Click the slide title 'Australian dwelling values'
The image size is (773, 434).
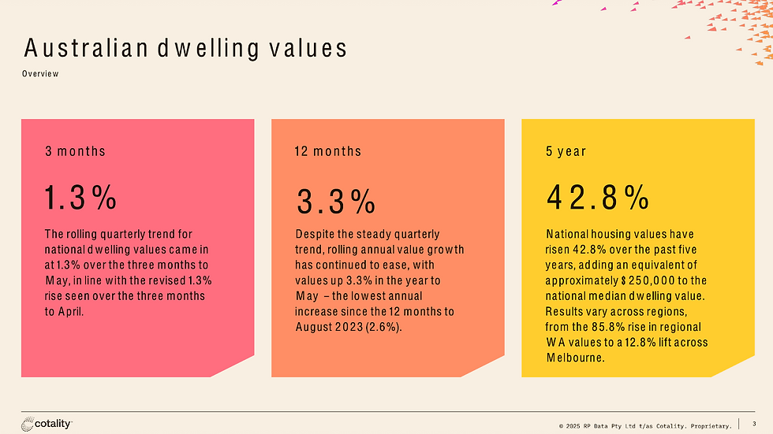click(185, 49)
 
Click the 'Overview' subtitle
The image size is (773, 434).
click(40, 74)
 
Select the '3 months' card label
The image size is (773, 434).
click(75, 151)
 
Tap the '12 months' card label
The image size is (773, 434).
click(328, 151)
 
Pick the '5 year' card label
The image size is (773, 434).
click(566, 151)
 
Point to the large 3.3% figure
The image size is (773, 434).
click(336, 202)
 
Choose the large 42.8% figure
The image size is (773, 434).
click(598, 198)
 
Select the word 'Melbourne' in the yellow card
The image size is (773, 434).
click(575, 357)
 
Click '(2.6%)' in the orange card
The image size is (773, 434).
click(383, 327)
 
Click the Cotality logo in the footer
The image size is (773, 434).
click(47, 424)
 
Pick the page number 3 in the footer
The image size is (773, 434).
click(754, 425)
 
